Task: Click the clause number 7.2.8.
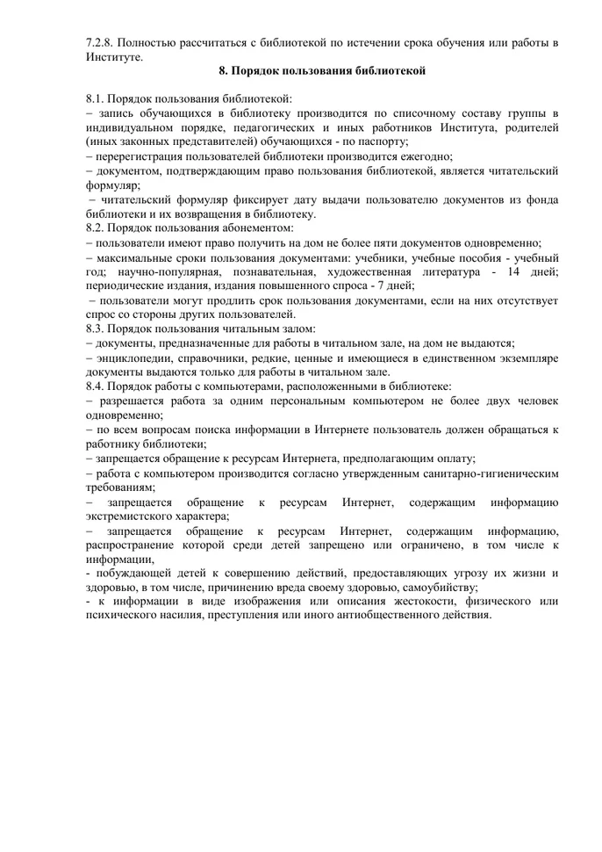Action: pos(100,41)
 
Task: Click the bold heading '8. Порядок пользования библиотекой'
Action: pos(322,70)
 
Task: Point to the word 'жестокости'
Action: pos(389,603)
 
